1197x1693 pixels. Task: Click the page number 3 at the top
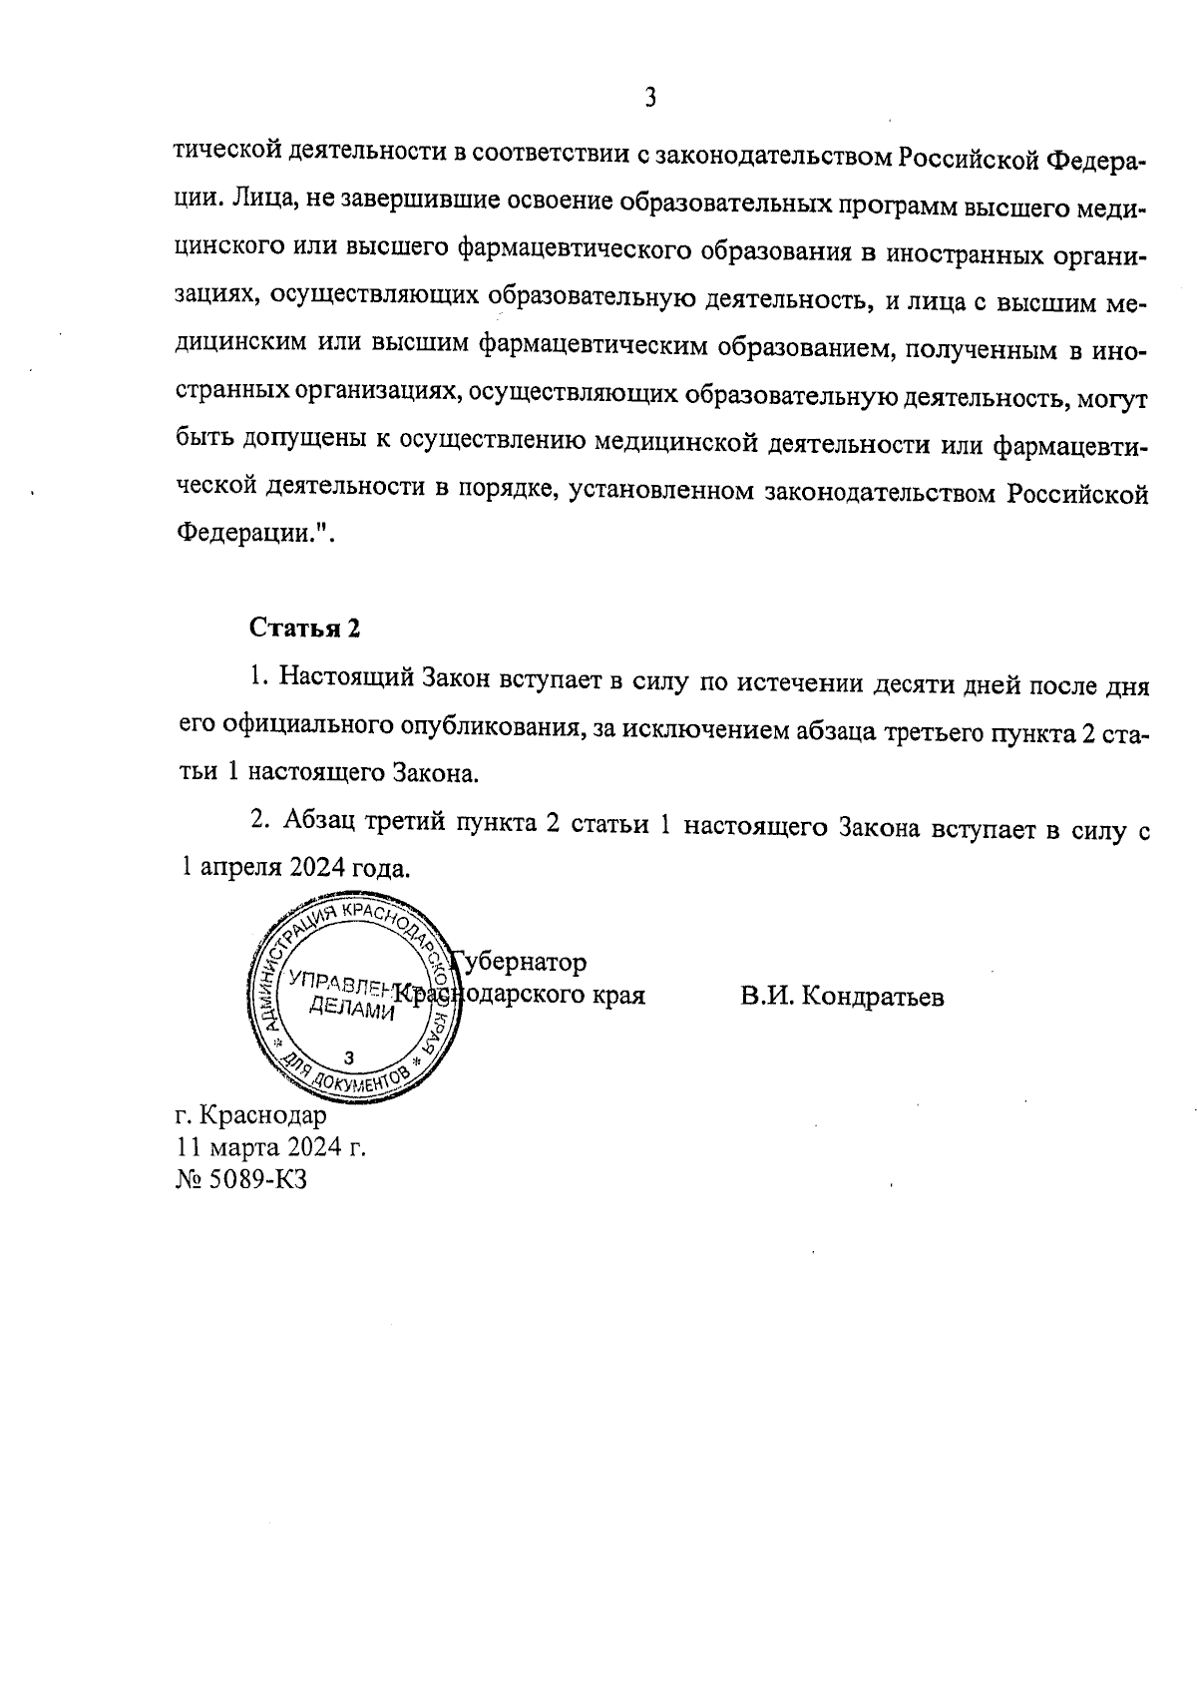pyautogui.click(x=649, y=98)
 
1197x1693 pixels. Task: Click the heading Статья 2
pyautogui.click(x=303, y=629)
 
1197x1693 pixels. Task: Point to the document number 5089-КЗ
pyautogui.click(x=256, y=1178)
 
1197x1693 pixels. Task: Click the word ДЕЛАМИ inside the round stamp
pyautogui.click(x=352, y=1010)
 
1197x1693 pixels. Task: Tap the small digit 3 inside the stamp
pyautogui.click(x=347, y=1057)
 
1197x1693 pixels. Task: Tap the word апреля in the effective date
pyautogui.click(x=240, y=867)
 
